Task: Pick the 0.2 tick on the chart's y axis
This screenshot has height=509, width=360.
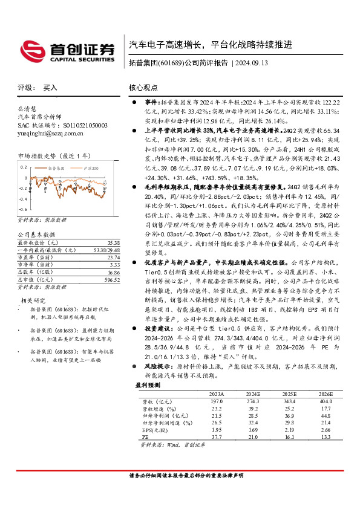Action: coord(24,166)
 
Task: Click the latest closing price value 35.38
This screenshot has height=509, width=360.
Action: coord(113,241)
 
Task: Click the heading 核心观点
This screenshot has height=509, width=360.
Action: coord(142,88)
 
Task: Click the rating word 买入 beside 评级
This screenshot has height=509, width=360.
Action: coord(50,88)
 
